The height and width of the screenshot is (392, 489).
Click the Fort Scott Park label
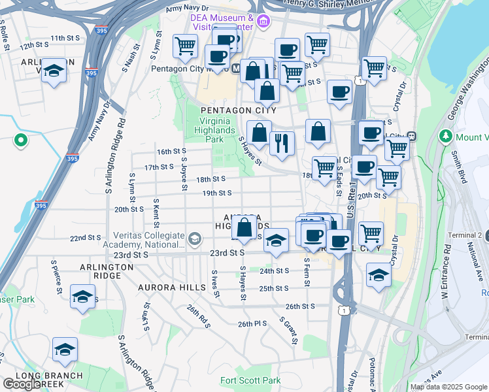(250, 380)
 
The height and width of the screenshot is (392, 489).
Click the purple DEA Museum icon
(263, 22)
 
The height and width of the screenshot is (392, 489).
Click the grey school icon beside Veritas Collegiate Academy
(194, 240)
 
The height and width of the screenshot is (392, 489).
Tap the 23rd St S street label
(227, 252)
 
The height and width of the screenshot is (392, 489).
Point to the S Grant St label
(289, 331)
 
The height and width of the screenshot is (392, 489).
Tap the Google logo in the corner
(22, 384)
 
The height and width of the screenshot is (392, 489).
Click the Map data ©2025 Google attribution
(449, 387)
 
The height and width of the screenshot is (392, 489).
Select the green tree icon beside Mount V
(447, 137)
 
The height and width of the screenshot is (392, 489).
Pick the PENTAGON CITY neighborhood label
(238, 110)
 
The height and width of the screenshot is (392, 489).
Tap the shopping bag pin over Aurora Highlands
(244, 229)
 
